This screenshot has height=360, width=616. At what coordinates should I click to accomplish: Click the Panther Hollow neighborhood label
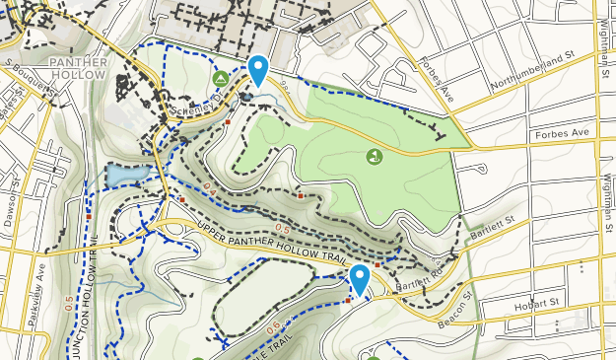[76, 68]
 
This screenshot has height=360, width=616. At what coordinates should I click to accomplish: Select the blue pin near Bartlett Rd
[360, 280]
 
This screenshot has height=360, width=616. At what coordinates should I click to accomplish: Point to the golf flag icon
[374, 156]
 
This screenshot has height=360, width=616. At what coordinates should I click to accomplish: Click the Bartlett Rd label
[415, 282]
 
